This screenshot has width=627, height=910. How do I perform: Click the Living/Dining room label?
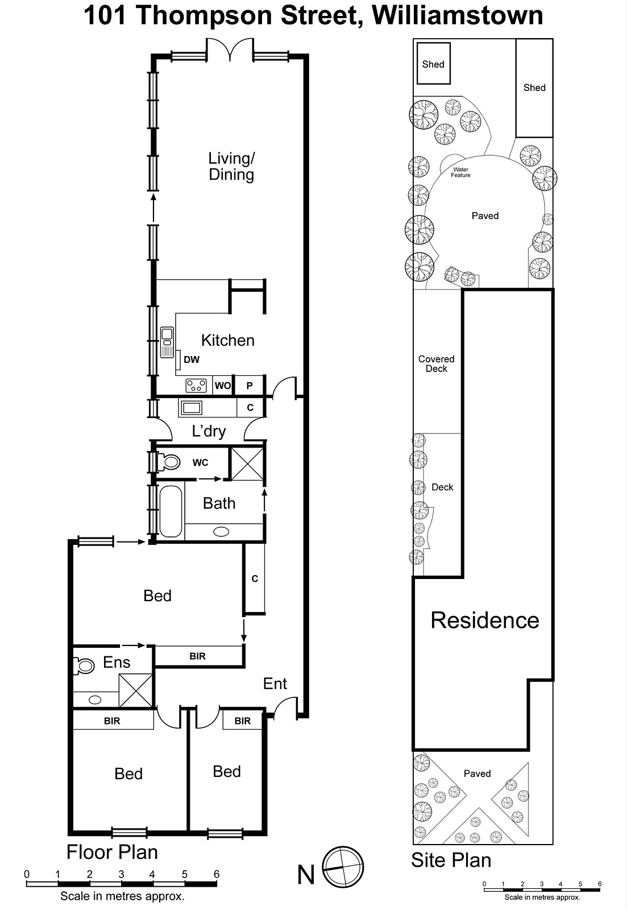tap(231, 166)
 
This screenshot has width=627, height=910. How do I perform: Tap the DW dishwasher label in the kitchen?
tap(192, 359)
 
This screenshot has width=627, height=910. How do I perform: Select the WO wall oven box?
tap(223, 386)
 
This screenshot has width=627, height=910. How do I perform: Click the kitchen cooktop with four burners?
tap(196, 386)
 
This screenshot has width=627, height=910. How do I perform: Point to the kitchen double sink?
tap(167, 342)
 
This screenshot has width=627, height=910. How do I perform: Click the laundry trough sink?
tap(191, 407)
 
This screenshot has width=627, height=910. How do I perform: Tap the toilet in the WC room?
tap(169, 461)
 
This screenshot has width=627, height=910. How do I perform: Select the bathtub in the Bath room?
tap(171, 511)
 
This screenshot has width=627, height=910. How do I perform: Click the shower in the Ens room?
tap(136, 690)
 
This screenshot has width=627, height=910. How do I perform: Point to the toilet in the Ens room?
tap(84, 665)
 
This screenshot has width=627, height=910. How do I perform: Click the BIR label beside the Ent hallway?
tap(197, 656)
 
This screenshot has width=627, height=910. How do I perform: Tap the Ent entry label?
tap(275, 684)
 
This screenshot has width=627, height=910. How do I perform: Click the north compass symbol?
tap(343, 868)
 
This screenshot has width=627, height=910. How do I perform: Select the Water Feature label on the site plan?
tap(460, 172)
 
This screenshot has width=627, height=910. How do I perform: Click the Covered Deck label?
tap(436, 363)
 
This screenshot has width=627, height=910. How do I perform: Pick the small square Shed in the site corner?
tap(433, 63)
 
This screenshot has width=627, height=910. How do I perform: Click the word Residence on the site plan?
tap(484, 620)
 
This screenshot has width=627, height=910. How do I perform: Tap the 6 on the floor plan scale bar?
tap(216, 874)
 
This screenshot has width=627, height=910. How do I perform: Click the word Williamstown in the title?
tap(458, 15)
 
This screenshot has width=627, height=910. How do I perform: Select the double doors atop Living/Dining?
tap(230, 50)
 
